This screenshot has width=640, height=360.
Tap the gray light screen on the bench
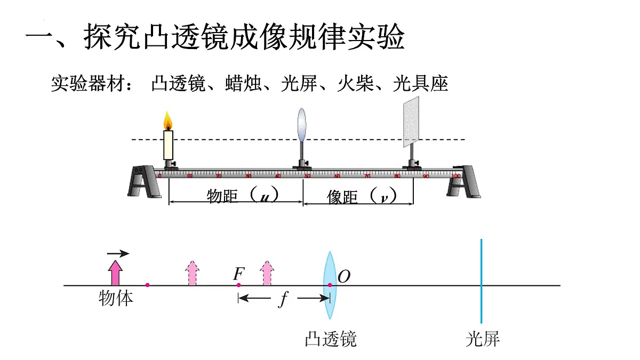(411, 121)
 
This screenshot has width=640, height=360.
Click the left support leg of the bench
(143, 181)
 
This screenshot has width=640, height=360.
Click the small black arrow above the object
(117, 253)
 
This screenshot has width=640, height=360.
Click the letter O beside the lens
(344, 276)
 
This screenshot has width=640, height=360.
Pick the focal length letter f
(283, 300)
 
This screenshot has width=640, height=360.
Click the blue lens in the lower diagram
(330, 285)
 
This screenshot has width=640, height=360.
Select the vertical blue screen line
(481, 280)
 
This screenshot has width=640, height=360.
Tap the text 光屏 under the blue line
(482, 339)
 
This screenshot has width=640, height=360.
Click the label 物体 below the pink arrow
(116, 298)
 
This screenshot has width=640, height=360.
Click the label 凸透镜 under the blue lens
(330, 339)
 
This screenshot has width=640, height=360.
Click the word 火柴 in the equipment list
(356, 84)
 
